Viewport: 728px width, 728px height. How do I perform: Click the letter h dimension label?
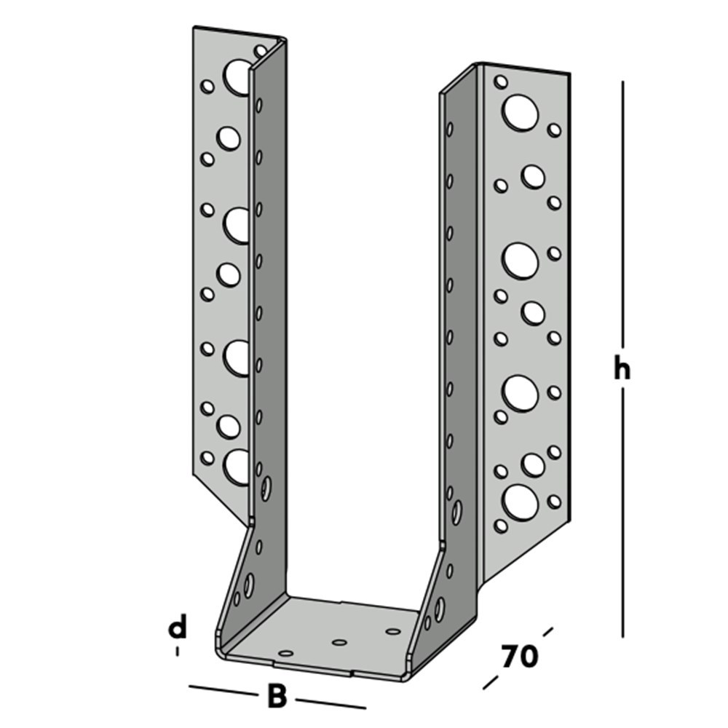(620, 370)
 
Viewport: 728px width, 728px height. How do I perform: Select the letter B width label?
(277, 696)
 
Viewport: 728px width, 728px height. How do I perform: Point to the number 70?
(519, 656)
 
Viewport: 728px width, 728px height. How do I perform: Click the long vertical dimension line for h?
(623, 218)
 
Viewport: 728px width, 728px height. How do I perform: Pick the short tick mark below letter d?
(177, 652)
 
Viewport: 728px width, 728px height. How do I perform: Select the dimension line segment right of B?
(331, 703)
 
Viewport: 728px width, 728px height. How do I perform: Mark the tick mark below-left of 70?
(490, 683)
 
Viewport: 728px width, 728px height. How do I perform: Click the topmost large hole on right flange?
(521, 113)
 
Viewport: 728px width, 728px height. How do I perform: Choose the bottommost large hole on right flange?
(521, 502)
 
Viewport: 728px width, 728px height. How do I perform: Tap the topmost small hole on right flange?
(501, 82)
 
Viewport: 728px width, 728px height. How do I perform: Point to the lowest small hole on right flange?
(501, 524)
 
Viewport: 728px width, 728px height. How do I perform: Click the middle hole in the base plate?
(339, 642)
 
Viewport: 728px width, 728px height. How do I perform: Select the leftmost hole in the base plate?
(286, 654)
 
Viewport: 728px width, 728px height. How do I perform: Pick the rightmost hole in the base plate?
(393, 631)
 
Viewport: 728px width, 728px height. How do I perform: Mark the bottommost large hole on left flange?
(237, 467)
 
